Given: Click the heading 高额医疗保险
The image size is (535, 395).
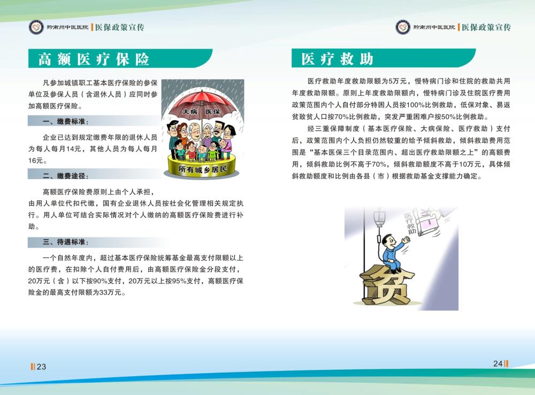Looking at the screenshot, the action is pos(94,59).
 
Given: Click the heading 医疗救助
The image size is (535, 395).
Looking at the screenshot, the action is pos(337,59).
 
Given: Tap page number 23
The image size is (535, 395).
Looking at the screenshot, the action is pos(41,367).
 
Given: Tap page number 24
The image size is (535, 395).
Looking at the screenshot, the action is pos(498,363).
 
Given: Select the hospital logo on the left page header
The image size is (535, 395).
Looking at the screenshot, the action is pos(36,27).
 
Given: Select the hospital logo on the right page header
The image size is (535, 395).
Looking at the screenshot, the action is pos(403,27).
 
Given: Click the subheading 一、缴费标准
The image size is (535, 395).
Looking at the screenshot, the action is pos(65,121).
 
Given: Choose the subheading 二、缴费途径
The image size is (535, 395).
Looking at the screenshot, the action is pos(65,176).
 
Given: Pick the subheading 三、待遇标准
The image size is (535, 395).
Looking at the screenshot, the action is pos(65,242).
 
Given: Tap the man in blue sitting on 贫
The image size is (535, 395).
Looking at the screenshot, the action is pos(394,253).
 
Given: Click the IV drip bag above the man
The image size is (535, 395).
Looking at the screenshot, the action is pos(379,218).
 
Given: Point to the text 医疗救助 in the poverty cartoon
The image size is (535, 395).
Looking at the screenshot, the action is pos(409,223).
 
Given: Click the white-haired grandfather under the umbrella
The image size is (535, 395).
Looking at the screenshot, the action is pos(195,135).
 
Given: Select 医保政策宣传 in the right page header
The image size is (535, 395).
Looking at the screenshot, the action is pos(486,27).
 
